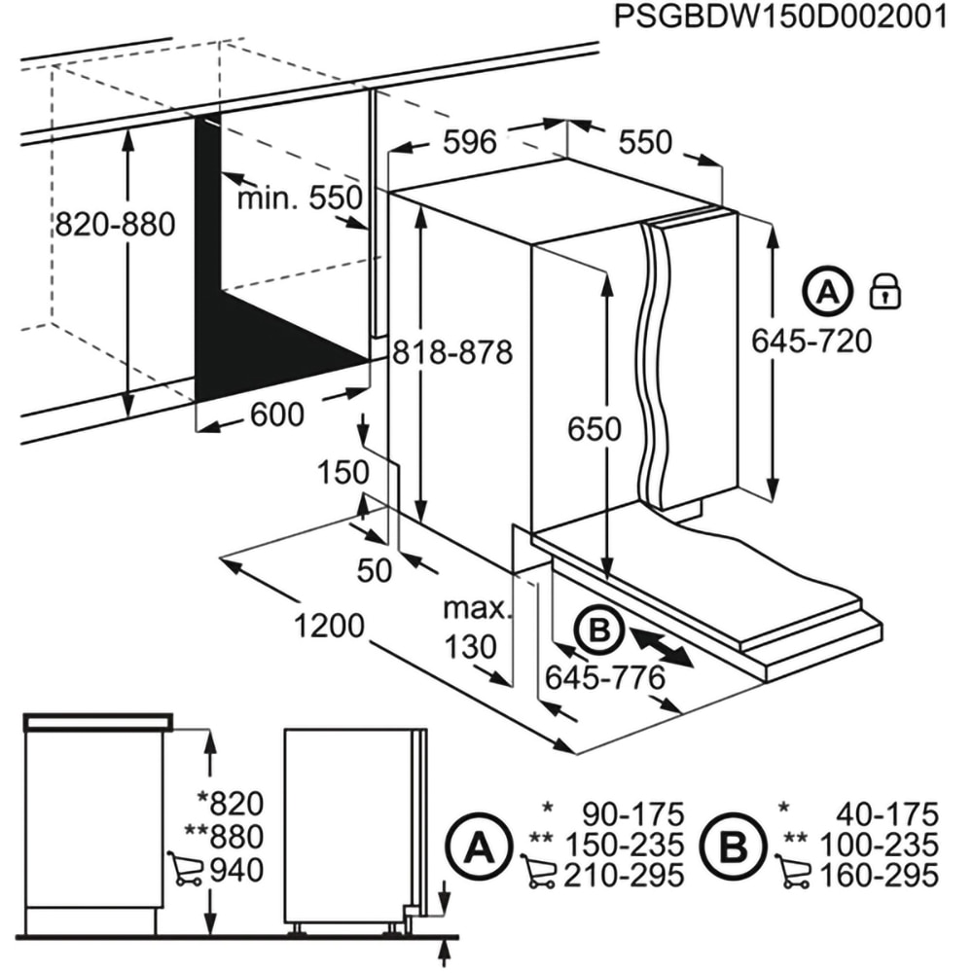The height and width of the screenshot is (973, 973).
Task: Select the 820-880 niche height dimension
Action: coord(115,225)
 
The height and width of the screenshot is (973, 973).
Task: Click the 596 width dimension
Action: coord(469,142)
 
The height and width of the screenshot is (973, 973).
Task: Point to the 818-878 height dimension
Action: coord(451,351)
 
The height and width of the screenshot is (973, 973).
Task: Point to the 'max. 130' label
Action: coord(476,628)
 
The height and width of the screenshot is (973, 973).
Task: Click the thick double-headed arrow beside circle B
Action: coord(661,647)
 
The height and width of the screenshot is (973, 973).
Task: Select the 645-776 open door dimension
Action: coord(604,675)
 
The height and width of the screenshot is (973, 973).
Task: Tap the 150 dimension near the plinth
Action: coord(344,473)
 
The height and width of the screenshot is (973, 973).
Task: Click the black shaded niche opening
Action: coord(263,341)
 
